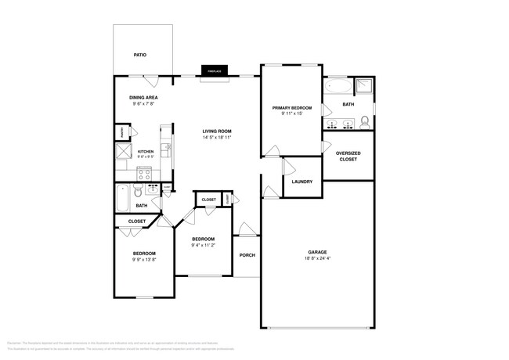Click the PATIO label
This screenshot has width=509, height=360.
click(x=140, y=55)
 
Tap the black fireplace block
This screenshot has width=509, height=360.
click(x=211, y=71)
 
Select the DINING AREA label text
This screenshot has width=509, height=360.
click(x=143, y=98)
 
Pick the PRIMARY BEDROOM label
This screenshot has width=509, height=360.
click(x=291, y=107)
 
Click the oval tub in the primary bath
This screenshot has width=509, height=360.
click(x=338, y=86)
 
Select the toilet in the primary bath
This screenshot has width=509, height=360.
click(x=364, y=121)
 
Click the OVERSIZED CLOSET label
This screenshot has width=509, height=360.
click(x=347, y=156)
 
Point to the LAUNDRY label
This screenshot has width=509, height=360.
click(x=301, y=182)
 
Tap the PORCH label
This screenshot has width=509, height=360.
click(x=247, y=255)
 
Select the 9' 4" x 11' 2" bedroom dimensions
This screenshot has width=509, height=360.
click(x=204, y=245)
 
